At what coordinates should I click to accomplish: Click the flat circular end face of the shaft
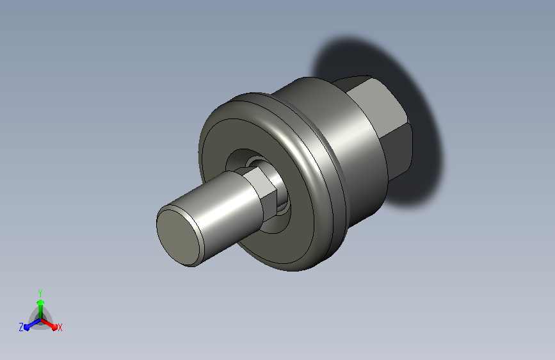(x=180, y=238)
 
